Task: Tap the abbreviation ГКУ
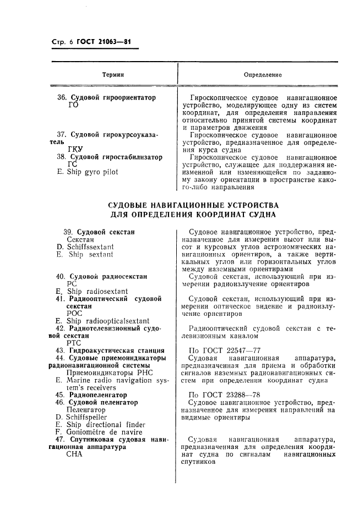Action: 74,149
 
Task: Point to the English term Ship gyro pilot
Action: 91,172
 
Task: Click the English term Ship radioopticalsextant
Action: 107,320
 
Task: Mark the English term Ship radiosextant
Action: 97,291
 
